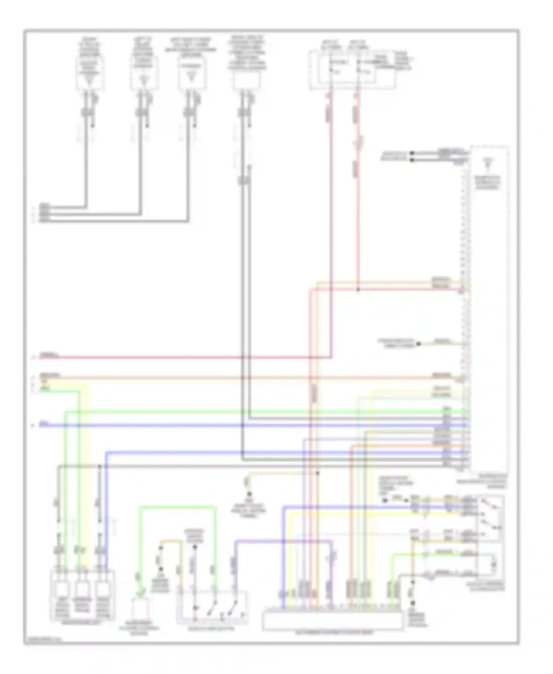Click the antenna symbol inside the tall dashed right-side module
(x=488, y=163)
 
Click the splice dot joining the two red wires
(x=358, y=290)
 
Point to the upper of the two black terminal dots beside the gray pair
(x=412, y=153)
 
